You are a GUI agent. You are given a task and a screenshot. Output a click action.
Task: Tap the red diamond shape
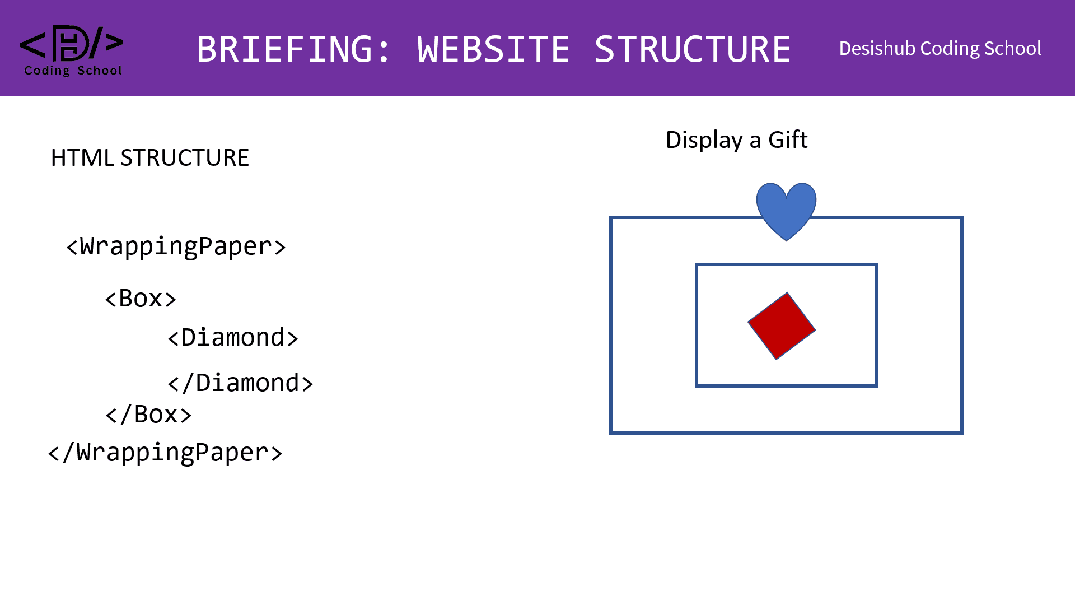[782, 325]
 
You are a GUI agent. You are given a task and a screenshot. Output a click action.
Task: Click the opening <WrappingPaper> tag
[176, 246]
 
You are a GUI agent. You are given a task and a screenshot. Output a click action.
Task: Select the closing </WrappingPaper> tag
[166, 453]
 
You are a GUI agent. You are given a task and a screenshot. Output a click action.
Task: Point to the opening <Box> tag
[141, 299]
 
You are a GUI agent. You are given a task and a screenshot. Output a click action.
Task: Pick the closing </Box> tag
[148, 415]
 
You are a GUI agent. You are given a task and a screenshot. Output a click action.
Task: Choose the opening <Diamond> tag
[233, 338]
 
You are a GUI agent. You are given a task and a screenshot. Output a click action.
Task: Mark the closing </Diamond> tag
[240, 383]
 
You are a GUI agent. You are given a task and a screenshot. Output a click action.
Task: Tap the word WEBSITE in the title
[493, 49]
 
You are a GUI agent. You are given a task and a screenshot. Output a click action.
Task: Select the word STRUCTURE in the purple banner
[693, 49]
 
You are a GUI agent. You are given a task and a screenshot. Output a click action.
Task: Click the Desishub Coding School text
[940, 49]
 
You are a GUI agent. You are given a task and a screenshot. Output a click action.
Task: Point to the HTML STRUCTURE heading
[150, 158]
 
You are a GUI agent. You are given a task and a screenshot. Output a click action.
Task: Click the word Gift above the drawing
[788, 139]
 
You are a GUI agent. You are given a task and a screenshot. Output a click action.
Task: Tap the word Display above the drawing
[704, 140]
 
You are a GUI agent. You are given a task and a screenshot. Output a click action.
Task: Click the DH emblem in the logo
[71, 43]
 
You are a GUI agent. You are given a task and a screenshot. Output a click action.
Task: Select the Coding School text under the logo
[73, 71]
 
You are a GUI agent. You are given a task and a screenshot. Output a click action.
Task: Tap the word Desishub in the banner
[877, 49]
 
